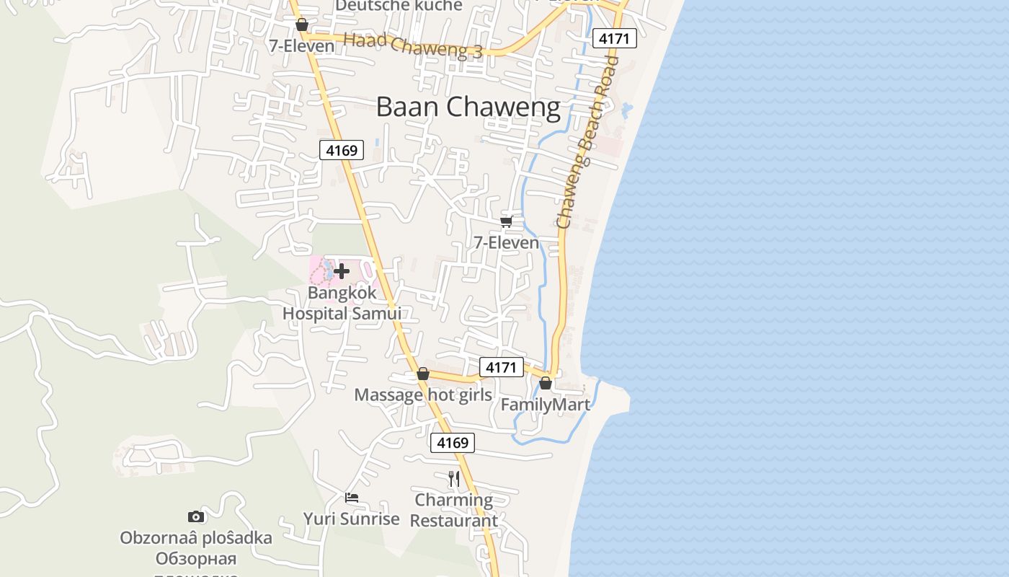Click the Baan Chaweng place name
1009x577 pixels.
tap(468, 107)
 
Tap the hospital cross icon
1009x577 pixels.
tap(342, 271)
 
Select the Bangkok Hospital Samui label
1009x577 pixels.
tap(342, 304)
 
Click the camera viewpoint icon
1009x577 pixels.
tap(196, 516)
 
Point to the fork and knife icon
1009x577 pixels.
tap(454, 478)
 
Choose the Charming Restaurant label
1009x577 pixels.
tap(454, 510)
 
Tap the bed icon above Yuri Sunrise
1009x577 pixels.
tap(352, 498)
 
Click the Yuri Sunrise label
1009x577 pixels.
tap(351, 519)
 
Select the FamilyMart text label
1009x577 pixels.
tap(545, 405)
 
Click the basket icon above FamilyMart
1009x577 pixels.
tap(546, 383)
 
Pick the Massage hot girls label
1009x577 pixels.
tap(423, 395)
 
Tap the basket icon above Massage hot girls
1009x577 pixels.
tap(423, 374)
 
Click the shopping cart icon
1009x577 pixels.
tap(506, 221)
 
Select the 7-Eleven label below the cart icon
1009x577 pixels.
tap(506, 242)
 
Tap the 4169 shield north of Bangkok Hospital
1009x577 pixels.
tap(342, 150)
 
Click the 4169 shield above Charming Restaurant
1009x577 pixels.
tap(453, 442)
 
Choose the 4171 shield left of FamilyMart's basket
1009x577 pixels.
tap(501, 367)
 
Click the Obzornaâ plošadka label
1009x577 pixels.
tap(196, 538)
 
